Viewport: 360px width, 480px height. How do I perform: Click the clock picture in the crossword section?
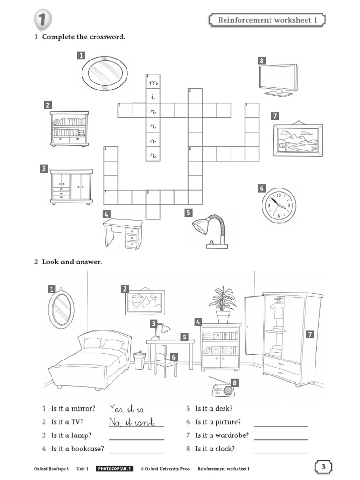279,205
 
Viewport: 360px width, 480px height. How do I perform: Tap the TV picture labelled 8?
278,79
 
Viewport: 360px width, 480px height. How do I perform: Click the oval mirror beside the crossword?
105,73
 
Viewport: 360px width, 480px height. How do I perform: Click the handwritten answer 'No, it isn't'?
132,422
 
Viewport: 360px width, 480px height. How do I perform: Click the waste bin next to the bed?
139,360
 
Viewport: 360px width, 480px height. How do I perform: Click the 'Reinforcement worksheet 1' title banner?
265,20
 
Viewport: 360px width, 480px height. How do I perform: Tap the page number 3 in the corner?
323,467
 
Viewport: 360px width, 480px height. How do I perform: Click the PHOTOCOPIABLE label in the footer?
114,468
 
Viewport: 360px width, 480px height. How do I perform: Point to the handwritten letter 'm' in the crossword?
153,83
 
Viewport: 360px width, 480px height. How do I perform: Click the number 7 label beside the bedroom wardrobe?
309,334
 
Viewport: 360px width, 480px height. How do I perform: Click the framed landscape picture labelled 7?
298,140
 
